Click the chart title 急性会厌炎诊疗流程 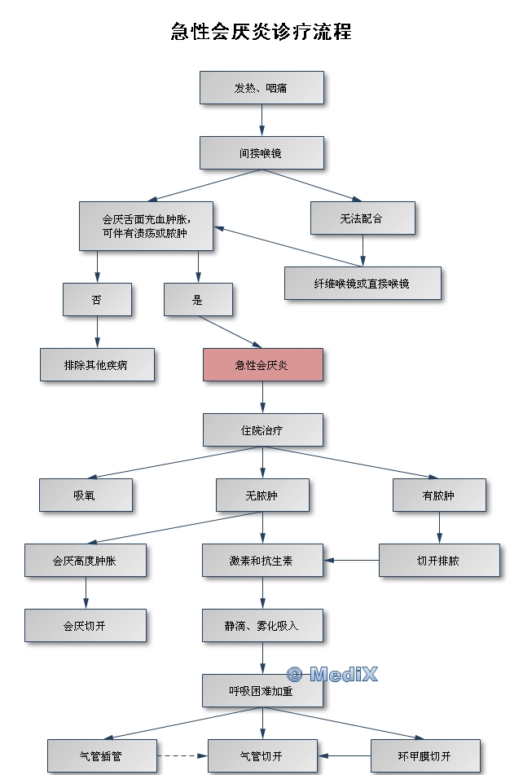[x=261, y=33]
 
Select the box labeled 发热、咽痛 [x=261, y=87]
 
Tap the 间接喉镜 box [x=261, y=152]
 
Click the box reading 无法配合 [x=363, y=218]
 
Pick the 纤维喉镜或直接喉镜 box [x=363, y=283]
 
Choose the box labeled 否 [x=97, y=299]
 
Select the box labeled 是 [x=198, y=299]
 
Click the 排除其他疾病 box [x=97, y=364]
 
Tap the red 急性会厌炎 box [x=262, y=364]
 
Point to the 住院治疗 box [x=262, y=429]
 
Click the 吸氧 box [x=85, y=495]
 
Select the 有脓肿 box [x=439, y=495]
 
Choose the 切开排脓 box [x=439, y=561]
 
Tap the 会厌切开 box [x=85, y=625]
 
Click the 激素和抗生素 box [x=262, y=561]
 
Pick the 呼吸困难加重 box [x=262, y=690]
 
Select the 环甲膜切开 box [x=424, y=755]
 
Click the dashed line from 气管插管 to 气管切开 [x=182, y=756]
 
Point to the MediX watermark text [x=332, y=674]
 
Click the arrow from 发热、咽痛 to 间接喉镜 [x=261, y=119]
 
